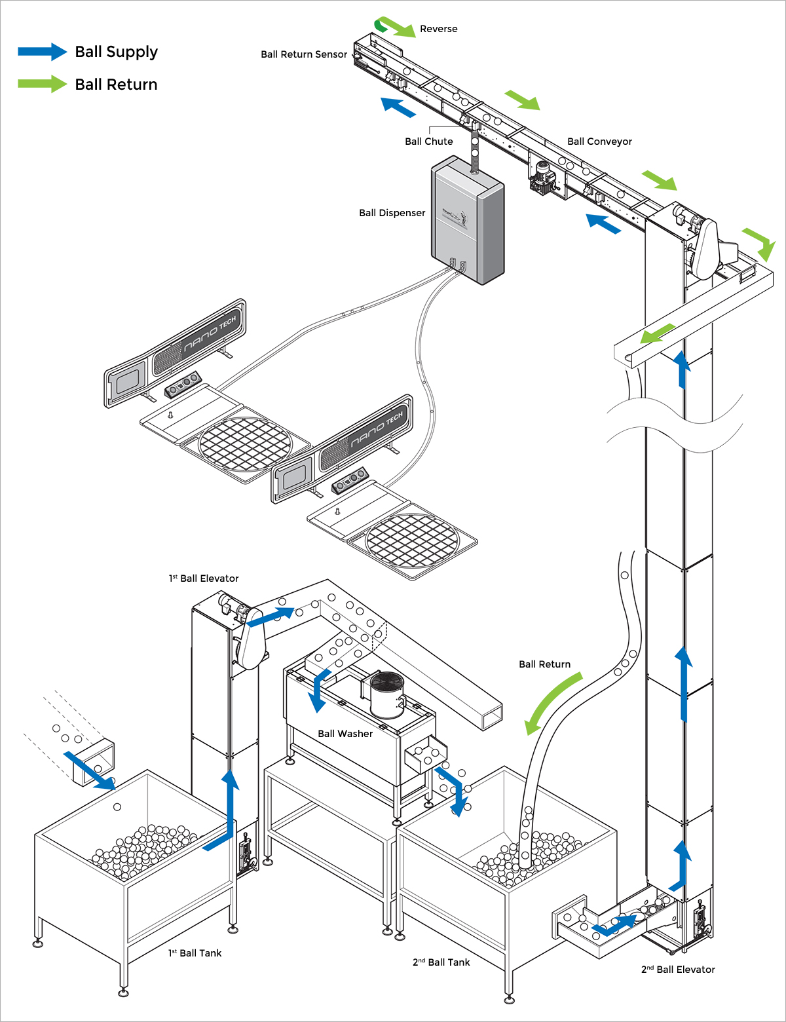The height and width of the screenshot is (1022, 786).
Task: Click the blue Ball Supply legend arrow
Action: [x=42, y=52]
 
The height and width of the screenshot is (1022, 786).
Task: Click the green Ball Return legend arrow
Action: [x=42, y=84]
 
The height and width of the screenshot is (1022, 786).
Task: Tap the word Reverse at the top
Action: [x=438, y=29]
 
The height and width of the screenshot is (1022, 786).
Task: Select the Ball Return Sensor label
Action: [x=303, y=54]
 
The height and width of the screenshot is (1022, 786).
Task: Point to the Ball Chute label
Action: [x=428, y=142]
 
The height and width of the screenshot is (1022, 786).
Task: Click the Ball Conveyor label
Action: [x=599, y=142]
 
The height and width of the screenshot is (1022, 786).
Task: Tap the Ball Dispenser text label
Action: [x=392, y=213]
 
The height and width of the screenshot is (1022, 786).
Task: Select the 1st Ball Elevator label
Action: [x=204, y=578]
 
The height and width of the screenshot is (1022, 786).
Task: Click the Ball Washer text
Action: [x=345, y=734]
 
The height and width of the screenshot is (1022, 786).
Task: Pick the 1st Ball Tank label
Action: [x=195, y=953]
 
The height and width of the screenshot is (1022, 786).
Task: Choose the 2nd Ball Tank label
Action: [x=441, y=962]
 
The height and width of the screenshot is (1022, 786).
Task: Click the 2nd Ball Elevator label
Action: [x=677, y=970]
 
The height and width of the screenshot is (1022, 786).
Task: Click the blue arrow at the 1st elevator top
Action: [x=271, y=616]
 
